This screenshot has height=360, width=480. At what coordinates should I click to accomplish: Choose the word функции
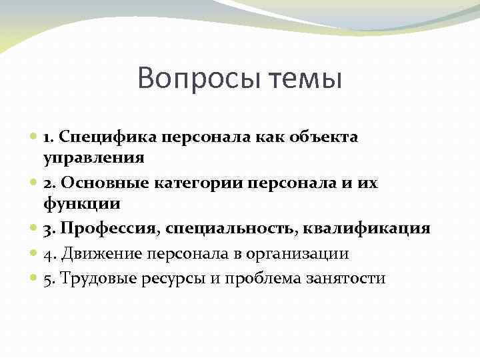[x=82, y=204]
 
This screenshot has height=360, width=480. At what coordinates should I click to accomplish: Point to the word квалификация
[x=367, y=229]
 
